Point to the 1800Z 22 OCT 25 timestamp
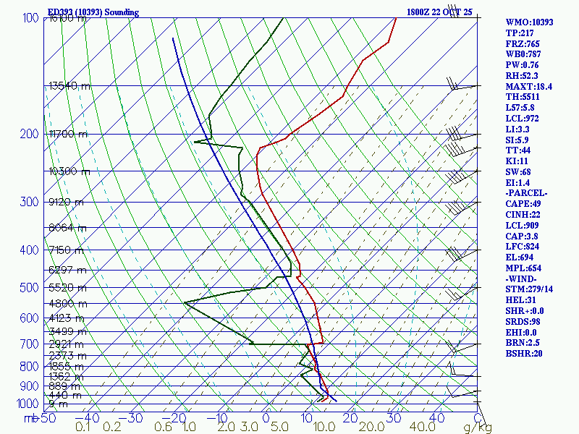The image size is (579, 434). coord(439,12)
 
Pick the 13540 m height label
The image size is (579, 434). coord(69,86)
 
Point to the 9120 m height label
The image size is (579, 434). coord(66,202)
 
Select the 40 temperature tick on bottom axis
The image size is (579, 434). coord(436,418)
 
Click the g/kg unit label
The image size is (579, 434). coord(477,427)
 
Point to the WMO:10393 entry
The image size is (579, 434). coord(529,22)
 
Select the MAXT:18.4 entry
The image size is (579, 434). coord(529,86)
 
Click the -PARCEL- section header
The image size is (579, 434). coord(527,193)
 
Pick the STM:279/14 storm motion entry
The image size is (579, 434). coord(530,289)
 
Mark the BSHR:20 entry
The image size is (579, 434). coord(524,354)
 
